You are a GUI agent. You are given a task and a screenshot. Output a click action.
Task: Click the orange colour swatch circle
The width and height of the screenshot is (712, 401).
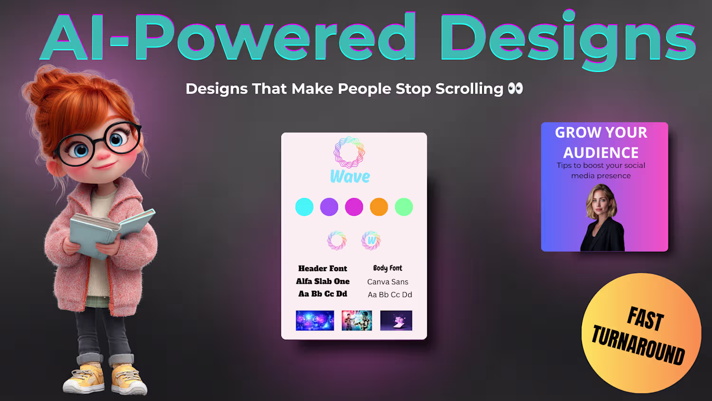pyautogui.click(x=379, y=207)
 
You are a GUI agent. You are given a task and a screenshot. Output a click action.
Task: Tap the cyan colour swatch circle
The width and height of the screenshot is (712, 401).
pyautogui.click(x=304, y=207)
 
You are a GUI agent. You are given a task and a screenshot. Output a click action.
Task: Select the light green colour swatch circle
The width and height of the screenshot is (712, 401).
pyautogui.click(x=403, y=207)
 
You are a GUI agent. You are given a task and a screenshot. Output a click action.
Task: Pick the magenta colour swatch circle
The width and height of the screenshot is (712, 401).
pyautogui.click(x=354, y=207)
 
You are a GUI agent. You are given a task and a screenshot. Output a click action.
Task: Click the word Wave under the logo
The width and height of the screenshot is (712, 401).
pyautogui.click(x=350, y=177)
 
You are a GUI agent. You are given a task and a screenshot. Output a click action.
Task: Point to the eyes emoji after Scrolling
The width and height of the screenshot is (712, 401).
pyautogui.click(x=515, y=88)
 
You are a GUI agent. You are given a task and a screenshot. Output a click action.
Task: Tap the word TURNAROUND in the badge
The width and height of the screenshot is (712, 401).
pyautogui.click(x=638, y=344)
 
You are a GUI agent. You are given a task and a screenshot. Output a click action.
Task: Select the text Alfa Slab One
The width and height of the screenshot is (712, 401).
pyautogui.click(x=323, y=281)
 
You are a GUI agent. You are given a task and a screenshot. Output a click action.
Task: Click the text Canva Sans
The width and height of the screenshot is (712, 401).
pyautogui.click(x=387, y=282)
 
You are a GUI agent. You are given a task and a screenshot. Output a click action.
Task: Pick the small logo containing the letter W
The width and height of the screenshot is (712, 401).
pyautogui.click(x=371, y=240)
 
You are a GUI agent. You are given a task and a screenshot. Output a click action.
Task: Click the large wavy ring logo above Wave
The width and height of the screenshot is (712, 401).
pyautogui.click(x=349, y=152)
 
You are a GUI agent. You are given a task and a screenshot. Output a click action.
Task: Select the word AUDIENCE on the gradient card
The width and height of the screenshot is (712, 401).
pyautogui.click(x=601, y=153)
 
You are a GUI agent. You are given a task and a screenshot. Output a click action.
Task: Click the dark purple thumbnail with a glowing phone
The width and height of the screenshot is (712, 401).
pyautogui.click(x=396, y=321)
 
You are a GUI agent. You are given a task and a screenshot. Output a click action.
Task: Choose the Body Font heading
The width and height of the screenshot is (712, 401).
pyautogui.click(x=387, y=268)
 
